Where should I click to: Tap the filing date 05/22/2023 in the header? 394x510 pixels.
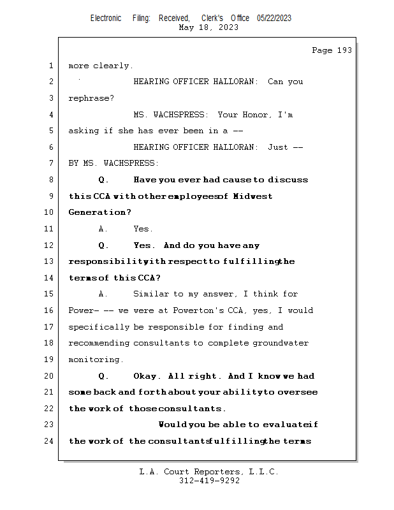pos(274,18)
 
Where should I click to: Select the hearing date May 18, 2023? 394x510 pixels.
pos(209,27)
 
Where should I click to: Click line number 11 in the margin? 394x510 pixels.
pos(50,229)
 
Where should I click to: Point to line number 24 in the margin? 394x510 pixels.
pos(50,441)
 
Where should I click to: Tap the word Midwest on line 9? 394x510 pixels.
pos(253,196)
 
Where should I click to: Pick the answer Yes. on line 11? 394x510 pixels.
pos(143,229)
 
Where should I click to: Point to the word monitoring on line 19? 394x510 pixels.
pos(94,360)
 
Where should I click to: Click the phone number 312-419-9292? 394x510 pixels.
pos(209,481)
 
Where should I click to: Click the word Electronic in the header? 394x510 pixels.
pos(106,18)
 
